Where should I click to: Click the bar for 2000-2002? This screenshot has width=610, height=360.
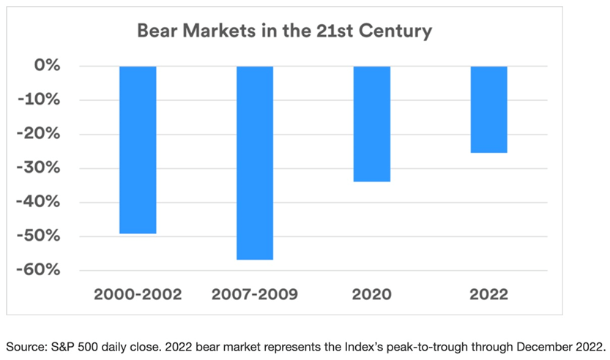[x=138, y=149]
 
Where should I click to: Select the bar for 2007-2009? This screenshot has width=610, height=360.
[x=255, y=162]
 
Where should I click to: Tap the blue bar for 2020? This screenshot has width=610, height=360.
[x=372, y=124]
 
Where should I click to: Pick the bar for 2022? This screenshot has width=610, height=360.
[x=489, y=109]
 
